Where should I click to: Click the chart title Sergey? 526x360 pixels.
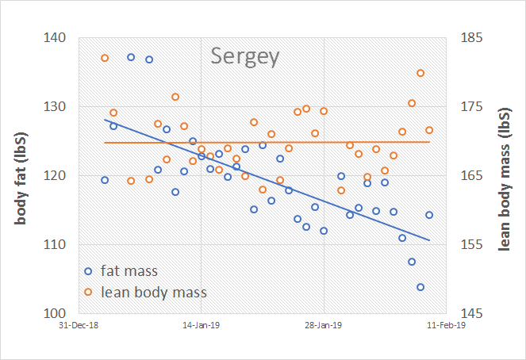pyautogui.click(x=245, y=56)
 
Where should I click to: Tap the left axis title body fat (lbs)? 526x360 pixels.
pyautogui.click(x=21, y=175)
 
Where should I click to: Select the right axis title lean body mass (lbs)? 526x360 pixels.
pyautogui.click(x=504, y=176)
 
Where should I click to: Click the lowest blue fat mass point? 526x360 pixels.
pyautogui.click(x=420, y=287)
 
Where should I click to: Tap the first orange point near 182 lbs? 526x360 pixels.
pyautogui.click(x=105, y=58)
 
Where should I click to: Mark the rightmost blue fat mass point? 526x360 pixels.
pyautogui.click(x=429, y=215)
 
